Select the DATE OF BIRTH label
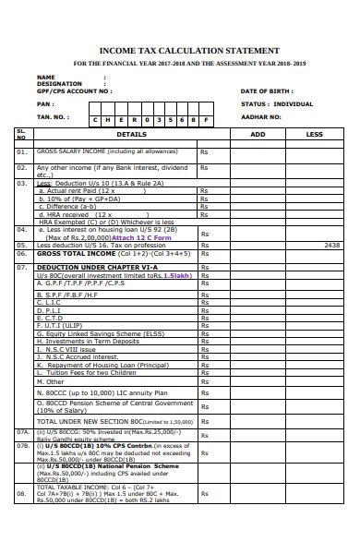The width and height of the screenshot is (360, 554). point(266,91)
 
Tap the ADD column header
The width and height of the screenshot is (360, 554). point(258,135)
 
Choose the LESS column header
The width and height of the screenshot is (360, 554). point(314,135)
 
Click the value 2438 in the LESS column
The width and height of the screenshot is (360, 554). point(333,245)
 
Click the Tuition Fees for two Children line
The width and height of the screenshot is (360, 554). point(87,373)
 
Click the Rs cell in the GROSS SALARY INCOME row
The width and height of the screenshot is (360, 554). point(204,151)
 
